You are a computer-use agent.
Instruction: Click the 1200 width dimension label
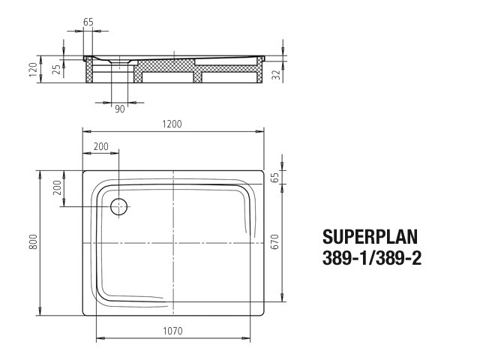click(x=172, y=124)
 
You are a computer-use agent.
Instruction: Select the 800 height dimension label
click(x=33, y=241)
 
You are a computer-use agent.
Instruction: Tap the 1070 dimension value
click(x=172, y=331)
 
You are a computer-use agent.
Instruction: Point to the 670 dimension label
click(x=275, y=241)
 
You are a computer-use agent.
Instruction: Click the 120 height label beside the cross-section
click(x=33, y=70)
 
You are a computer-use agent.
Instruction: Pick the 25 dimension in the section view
click(x=56, y=70)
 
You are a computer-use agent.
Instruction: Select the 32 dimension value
click(x=276, y=75)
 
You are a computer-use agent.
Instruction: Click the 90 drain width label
click(x=120, y=109)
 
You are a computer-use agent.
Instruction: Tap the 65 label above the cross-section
click(x=88, y=22)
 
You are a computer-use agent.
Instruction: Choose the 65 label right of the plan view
click(x=275, y=178)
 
